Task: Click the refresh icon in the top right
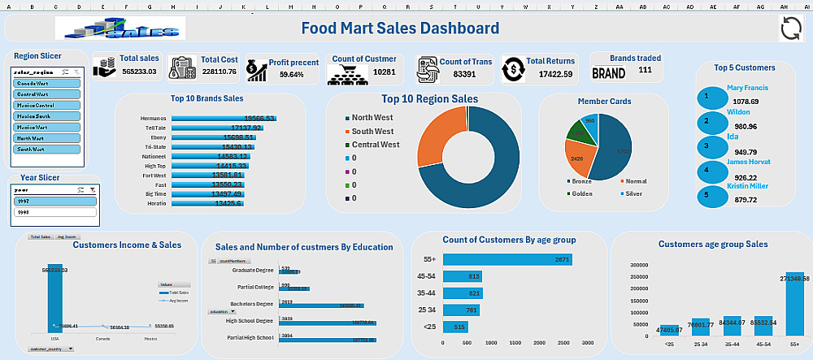pos(791,28)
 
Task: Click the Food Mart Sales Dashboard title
pos(400,28)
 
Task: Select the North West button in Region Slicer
pos(47,138)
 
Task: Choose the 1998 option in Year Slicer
pos(55,212)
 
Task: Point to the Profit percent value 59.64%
pos(291,74)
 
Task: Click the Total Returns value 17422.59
pos(550,74)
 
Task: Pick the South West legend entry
pos(373,131)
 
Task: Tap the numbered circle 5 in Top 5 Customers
pos(706,194)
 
